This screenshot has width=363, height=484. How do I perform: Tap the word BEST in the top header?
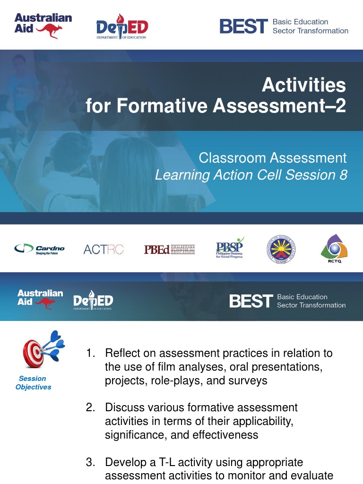tap(243, 26)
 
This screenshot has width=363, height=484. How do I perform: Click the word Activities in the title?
tap(304, 86)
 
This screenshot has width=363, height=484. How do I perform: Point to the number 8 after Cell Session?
tap(343, 175)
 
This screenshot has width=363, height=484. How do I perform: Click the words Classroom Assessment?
tap(273, 158)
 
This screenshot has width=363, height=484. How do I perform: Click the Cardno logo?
tap(39, 249)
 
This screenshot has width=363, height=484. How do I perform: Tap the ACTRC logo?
tap(103, 249)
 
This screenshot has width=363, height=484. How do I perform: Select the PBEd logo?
tap(169, 249)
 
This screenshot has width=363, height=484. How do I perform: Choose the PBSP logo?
tap(230, 249)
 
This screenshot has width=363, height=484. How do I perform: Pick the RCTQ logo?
tap(334, 249)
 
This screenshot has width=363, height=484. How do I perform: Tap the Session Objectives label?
tap(33, 383)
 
